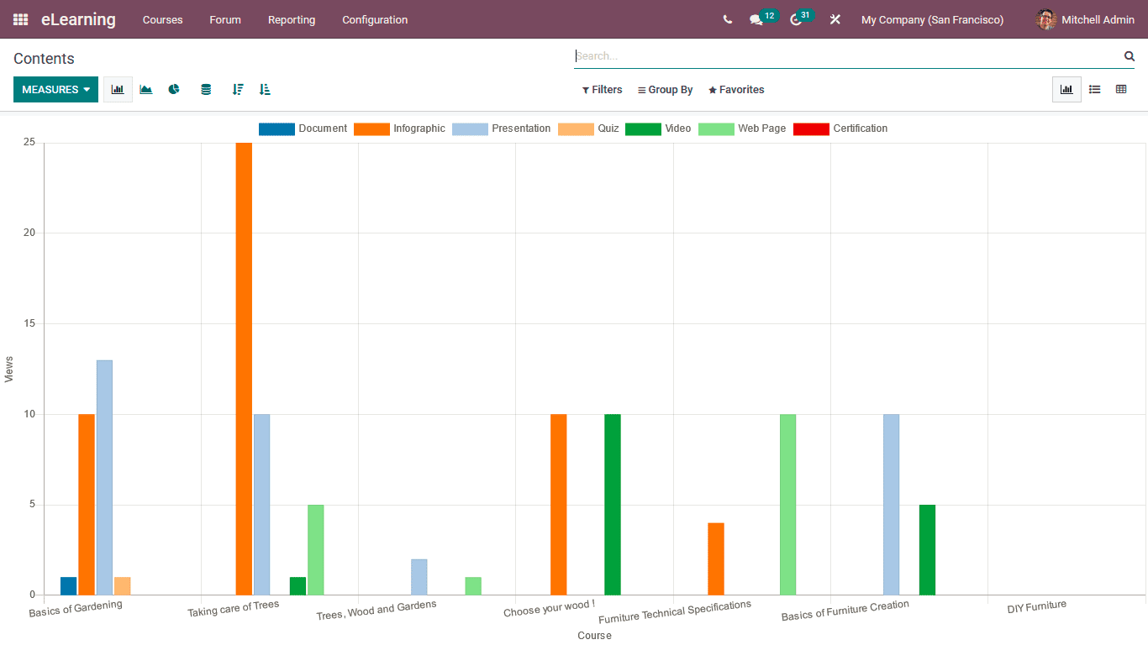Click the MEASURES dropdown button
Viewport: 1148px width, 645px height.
(55, 90)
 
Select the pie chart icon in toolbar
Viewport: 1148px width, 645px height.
(174, 89)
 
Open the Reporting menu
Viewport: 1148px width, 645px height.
(292, 19)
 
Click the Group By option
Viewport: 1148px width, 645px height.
(665, 90)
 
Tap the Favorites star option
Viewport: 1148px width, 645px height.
(736, 90)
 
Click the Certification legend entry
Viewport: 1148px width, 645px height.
(840, 128)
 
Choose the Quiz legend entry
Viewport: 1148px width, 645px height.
(588, 128)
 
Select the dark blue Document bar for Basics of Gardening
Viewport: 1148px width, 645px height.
(68, 585)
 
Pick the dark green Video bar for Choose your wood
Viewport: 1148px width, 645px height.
(613, 504)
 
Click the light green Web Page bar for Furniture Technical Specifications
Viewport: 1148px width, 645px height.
(787, 504)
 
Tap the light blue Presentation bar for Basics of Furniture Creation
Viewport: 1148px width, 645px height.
(891, 504)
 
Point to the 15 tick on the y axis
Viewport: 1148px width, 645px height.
(29, 323)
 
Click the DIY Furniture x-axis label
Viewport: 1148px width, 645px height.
(1036, 606)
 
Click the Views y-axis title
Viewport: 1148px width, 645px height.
(9, 370)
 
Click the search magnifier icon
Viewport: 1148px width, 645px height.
(1130, 56)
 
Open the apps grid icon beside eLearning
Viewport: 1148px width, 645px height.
(20, 19)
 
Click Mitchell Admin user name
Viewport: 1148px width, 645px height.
(1098, 19)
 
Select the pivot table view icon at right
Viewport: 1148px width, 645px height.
(1121, 89)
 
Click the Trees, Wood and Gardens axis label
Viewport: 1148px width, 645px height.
(376, 611)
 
